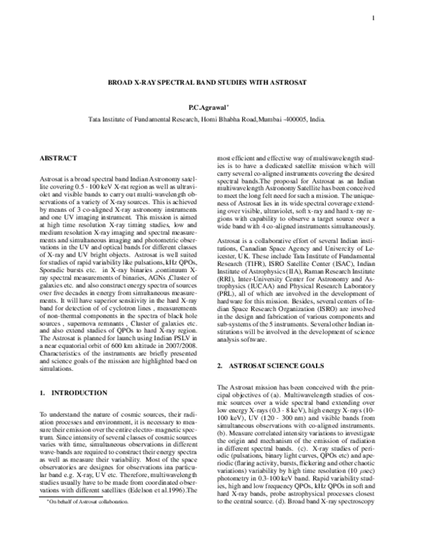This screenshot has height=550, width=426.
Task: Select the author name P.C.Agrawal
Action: coord(213,108)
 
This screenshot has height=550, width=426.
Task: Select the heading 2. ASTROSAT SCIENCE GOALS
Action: coord(271,365)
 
